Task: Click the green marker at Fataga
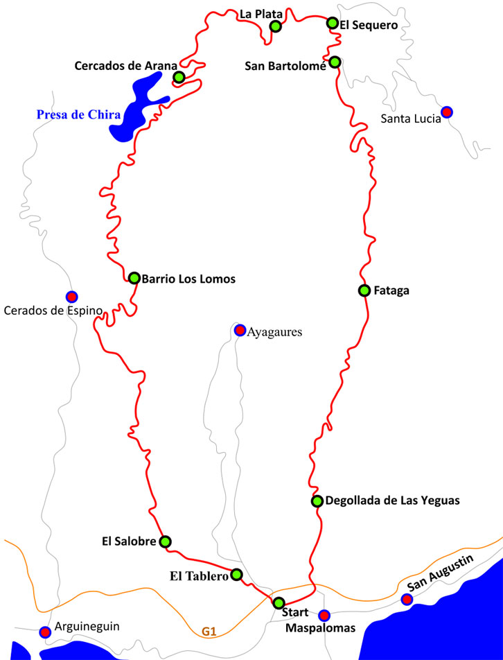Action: [x=364, y=290]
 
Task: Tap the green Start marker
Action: [x=279, y=602]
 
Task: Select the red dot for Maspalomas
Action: [x=324, y=615]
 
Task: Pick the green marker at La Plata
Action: [x=275, y=26]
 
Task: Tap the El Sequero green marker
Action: [x=333, y=23]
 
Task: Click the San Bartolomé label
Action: [x=285, y=67]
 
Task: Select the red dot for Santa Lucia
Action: [x=447, y=112]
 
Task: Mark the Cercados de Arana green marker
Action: [x=179, y=77]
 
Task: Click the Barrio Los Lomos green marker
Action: [x=134, y=278]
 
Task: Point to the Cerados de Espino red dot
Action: [x=71, y=296]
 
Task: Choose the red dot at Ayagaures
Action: [x=240, y=330]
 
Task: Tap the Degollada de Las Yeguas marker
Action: [x=317, y=501]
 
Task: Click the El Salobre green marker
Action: [x=165, y=541]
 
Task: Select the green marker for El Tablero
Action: [x=236, y=574]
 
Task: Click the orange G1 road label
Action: [x=209, y=632]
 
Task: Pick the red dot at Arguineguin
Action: [x=45, y=632]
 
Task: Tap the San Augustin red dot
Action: [x=407, y=599]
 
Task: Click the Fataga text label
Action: [x=391, y=290]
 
